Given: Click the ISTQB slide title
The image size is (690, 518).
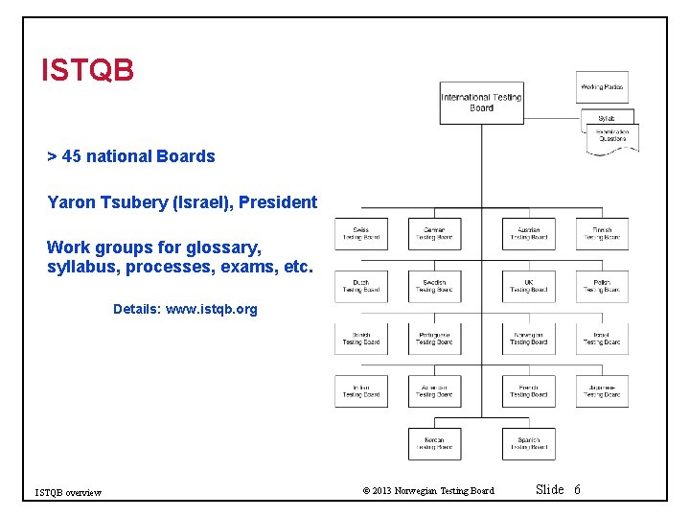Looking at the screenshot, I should pos(87,70).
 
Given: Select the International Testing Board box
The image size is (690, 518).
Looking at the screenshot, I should pos(481,103).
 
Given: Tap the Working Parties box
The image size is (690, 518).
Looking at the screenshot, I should pos(603,87).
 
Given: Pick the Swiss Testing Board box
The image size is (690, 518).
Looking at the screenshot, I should pos(360,234).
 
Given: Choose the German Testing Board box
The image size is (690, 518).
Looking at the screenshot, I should pos(434,234).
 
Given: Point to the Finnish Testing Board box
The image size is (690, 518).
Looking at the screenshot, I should pos(602,234).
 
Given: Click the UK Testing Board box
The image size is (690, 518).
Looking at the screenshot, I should pos(528,287).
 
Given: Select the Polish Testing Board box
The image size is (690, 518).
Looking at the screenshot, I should pos(602,287).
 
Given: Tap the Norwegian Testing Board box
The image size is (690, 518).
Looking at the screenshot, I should pos(528,339).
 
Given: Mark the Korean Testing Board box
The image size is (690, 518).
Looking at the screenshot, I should pos(434,444).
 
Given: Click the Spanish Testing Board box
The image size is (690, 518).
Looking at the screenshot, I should pos(528,444).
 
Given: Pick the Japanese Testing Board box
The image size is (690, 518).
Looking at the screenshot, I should pos(602,391).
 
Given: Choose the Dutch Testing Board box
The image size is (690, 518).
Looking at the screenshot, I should pos(360,287).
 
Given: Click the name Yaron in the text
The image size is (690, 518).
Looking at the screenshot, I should pos(71,202).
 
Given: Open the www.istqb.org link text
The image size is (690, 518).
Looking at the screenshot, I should pos(212,309).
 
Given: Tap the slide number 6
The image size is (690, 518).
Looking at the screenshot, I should pos(577,490).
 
